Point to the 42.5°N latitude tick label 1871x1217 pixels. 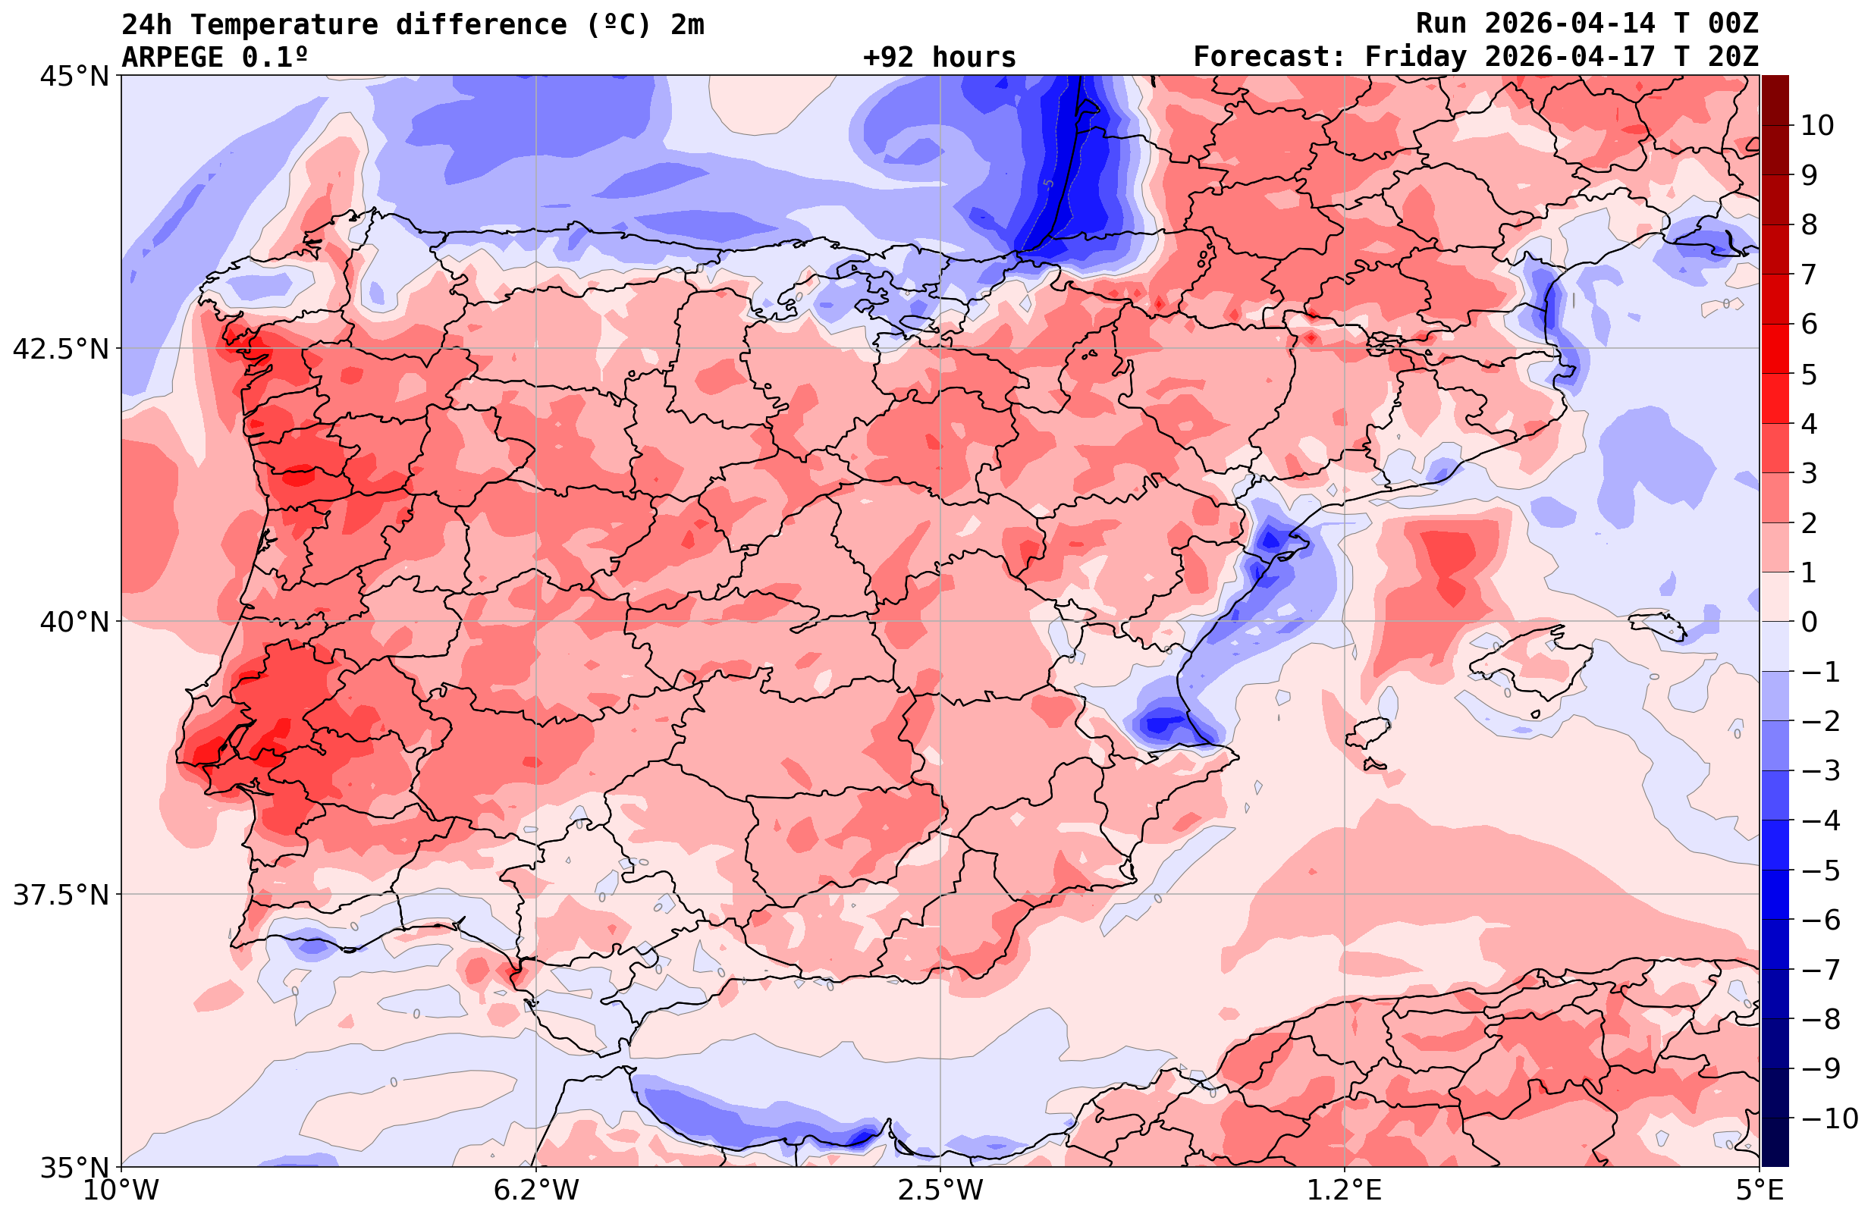pyautogui.click(x=60, y=349)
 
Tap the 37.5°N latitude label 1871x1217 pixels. pyautogui.click(x=60, y=895)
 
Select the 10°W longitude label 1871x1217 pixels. pyautogui.click(x=121, y=1190)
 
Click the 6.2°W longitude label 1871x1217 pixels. pyautogui.click(x=535, y=1190)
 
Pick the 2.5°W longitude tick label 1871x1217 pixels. pyautogui.click(x=940, y=1190)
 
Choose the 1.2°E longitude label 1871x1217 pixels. pyautogui.click(x=1345, y=1190)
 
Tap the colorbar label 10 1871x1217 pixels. pyautogui.click(x=1816, y=125)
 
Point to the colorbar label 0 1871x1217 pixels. pyautogui.click(x=1809, y=622)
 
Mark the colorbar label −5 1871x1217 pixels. pyautogui.click(x=1821, y=870)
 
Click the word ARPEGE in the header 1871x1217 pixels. pyautogui.click(x=173, y=58)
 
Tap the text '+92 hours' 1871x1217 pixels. pyautogui.click(x=940, y=58)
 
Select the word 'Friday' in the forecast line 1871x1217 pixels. pyautogui.click(x=1415, y=58)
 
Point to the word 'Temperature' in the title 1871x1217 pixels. pyautogui.click(x=284, y=25)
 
